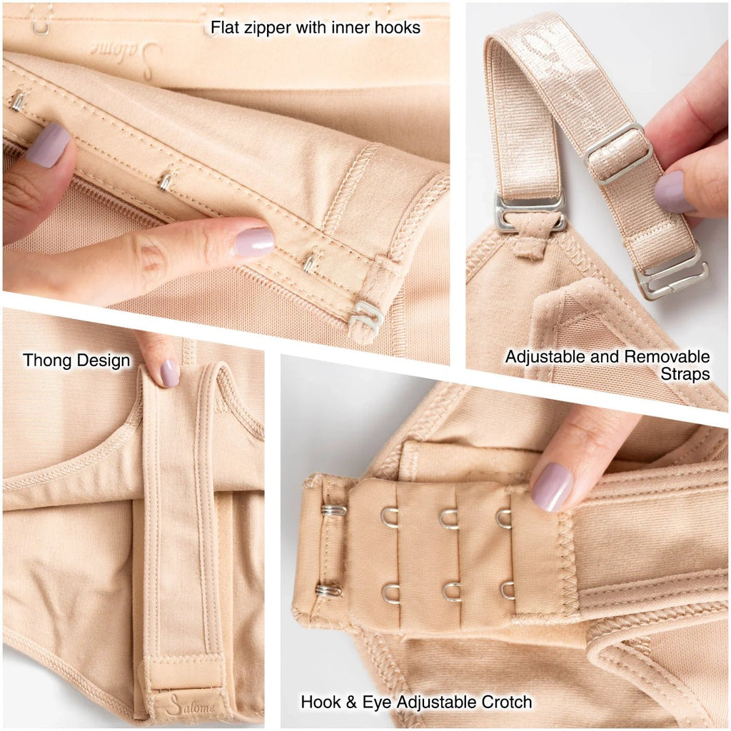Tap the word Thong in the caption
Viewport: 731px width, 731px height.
(48, 361)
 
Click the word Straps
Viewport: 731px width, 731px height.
(685, 374)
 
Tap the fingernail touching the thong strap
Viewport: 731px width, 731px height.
(169, 373)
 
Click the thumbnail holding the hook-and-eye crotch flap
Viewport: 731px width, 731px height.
(552, 488)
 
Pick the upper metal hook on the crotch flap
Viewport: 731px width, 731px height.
(333, 510)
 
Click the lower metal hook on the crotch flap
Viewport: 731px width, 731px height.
(328, 590)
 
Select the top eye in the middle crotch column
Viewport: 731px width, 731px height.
(448, 518)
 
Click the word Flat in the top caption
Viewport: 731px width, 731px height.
(224, 28)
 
